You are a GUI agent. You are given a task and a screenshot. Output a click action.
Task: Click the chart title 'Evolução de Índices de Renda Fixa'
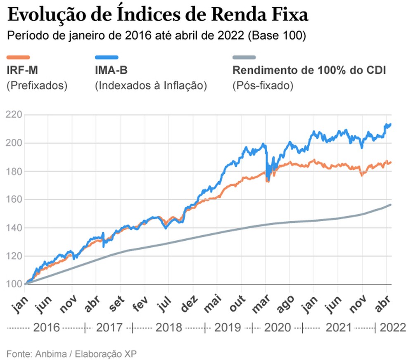coord(158,15)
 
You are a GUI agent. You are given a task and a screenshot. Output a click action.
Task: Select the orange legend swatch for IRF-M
coord(19,57)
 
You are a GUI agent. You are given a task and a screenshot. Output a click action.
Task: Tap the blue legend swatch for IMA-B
coord(107,57)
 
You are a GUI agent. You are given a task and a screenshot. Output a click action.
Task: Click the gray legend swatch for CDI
coord(244,57)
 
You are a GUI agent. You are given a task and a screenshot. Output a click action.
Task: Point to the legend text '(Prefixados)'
coord(37,86)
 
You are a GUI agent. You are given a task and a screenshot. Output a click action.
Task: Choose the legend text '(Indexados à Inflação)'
coord(151,86)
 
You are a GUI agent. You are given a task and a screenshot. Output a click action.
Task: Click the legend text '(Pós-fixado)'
coord(263,86)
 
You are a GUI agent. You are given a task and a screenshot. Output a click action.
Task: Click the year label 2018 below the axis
coord(169,328)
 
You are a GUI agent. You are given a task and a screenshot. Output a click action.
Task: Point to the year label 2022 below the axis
coord(392,328)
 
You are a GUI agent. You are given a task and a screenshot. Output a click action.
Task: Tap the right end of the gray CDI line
coord(390,205)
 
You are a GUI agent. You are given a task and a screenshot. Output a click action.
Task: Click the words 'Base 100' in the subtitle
coord(276,36)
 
